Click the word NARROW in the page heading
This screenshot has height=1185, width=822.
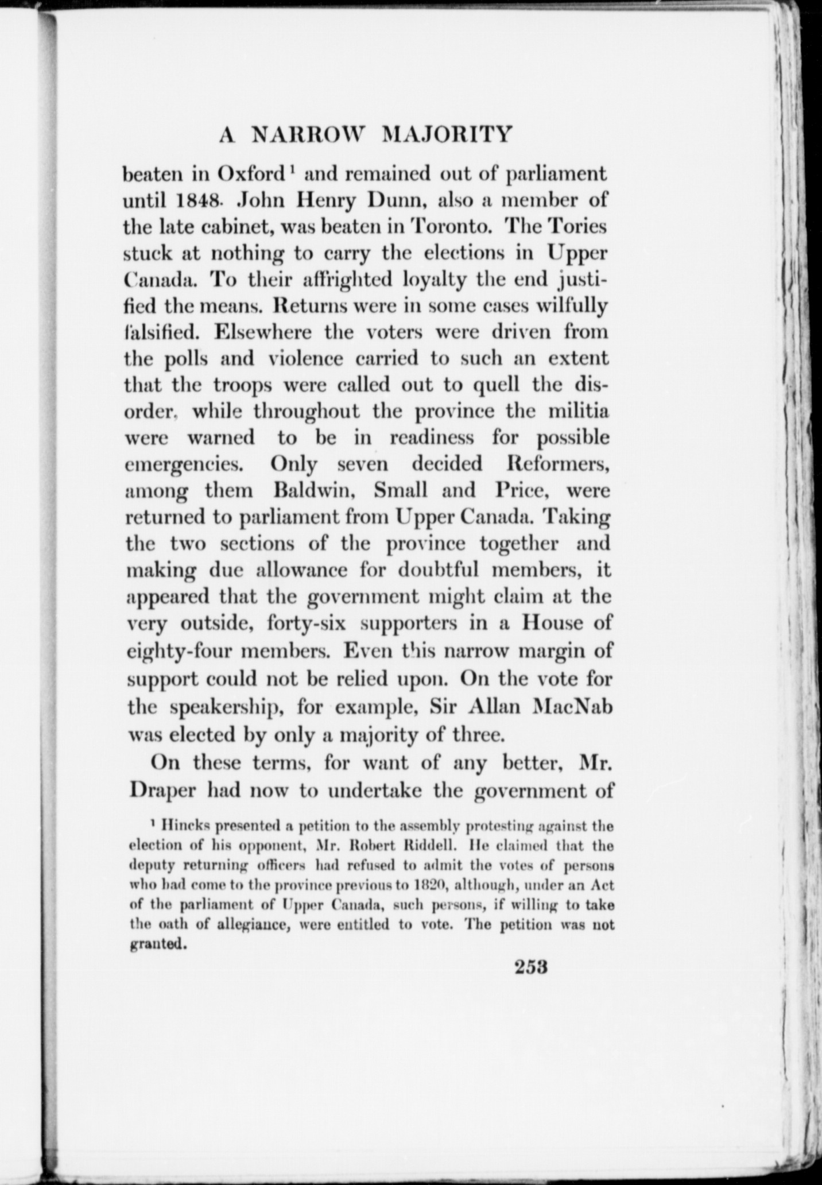[307, 135]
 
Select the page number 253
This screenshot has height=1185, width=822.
[532, 966]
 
